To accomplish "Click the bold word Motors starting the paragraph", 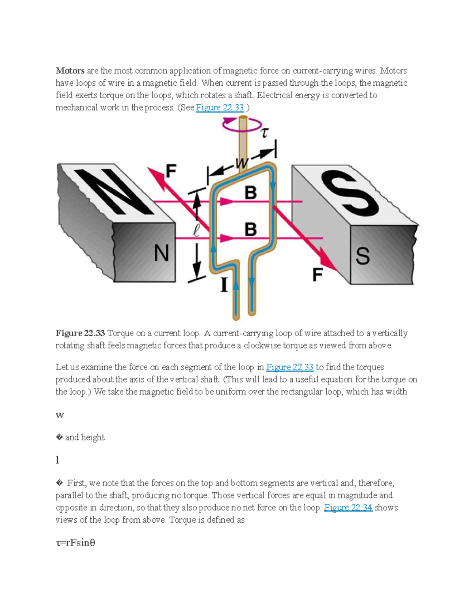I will [x=70, y=71].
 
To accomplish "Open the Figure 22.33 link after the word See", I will [x=220, y=108].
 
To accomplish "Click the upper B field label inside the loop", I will [x=250, y=193].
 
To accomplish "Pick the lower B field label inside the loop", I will [x=250, y=229].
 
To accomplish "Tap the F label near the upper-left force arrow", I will [x=171, y=171].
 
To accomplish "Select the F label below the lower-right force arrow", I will [x=318, y=275].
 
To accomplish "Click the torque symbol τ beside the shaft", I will [x=264, y=133].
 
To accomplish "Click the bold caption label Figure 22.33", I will [x=80, y=334].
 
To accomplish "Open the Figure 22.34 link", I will [x=348, y=508].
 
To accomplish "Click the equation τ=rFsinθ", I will [x=75, y=543].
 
